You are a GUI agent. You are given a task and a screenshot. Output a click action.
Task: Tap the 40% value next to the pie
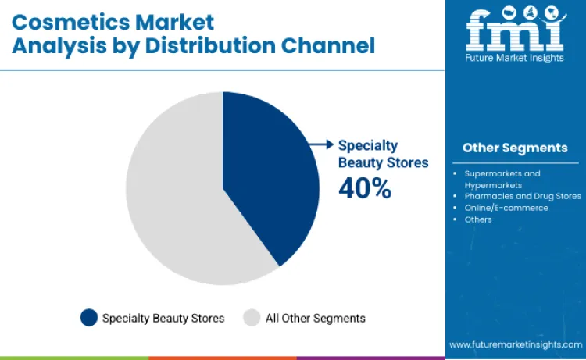pyautogui.click(x=364, y=187)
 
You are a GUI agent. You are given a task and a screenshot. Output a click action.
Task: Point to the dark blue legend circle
pyautogui.click(x=89, y=318)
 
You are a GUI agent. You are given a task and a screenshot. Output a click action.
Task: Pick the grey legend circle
pyautogui.click(x=251, y=318)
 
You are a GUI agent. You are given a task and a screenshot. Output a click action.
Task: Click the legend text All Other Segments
pyautogui.click(x=315, y=318)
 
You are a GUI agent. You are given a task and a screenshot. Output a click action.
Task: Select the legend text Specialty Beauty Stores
pyautogui.click(x=163, y=318)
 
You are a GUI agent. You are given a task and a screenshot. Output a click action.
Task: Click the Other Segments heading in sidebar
pyautogui.click(x=515, y=148)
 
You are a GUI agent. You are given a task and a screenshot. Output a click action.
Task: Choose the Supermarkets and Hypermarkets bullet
pyautogui.click(x=502, y=179)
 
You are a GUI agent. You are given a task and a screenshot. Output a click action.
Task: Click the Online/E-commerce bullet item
pyautogui.click(x=506, y=208)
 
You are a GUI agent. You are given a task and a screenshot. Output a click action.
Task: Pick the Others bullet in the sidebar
pyautogui.click(x=478, y=219)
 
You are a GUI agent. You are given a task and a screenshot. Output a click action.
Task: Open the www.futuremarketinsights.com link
pyautogui.click(x=515, y=344)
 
